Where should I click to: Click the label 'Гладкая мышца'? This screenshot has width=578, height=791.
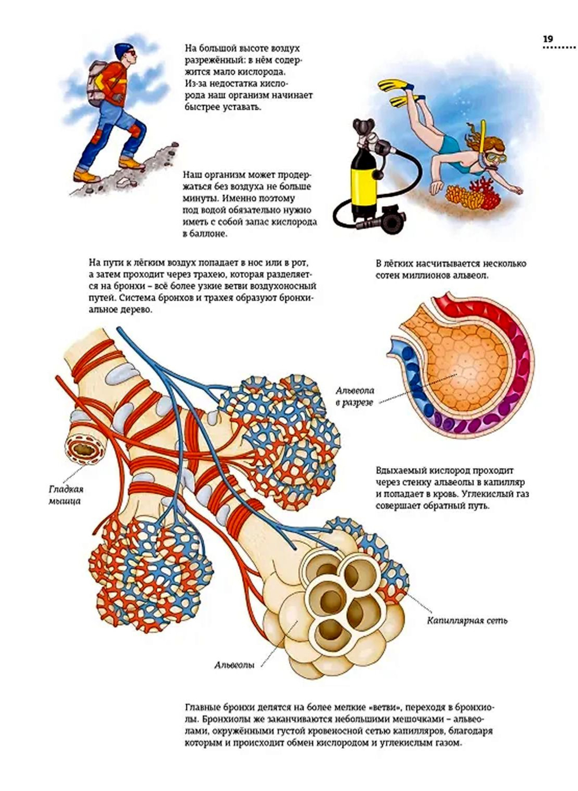[65, 495]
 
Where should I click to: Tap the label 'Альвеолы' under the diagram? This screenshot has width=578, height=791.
[235, 665]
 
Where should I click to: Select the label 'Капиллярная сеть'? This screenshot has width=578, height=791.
[467, 621]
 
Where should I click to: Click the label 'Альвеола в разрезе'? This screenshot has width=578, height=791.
[355, 396]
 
